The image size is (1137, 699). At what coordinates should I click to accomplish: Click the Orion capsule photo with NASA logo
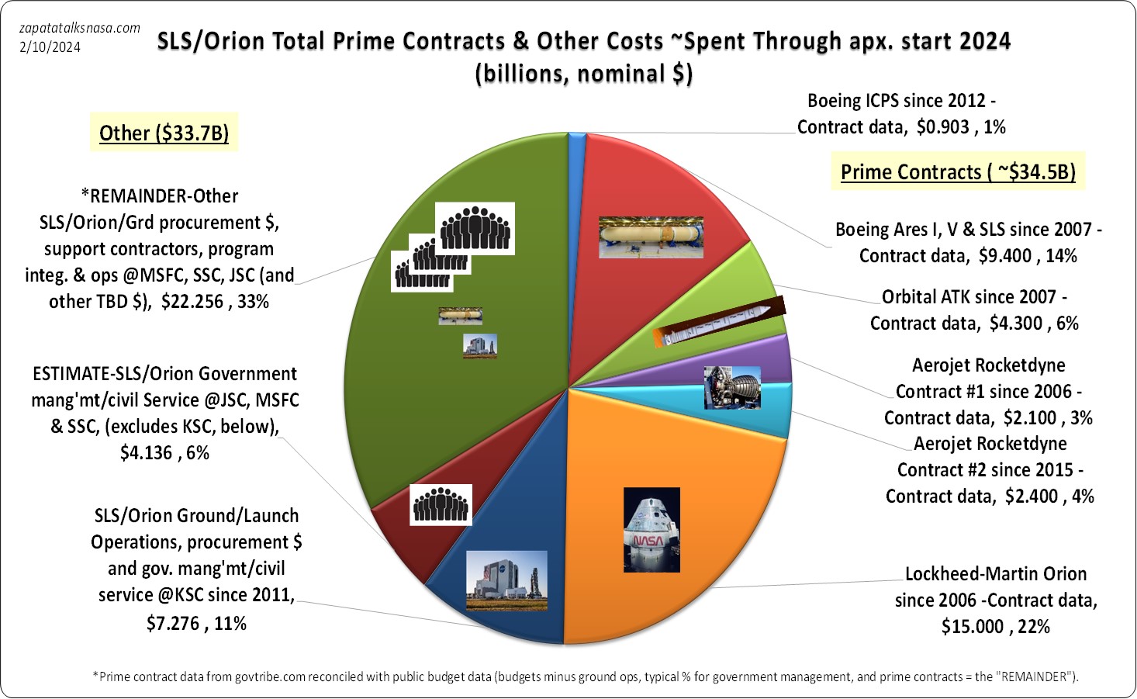[651, 530]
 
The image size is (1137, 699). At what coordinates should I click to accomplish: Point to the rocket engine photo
[731, 386]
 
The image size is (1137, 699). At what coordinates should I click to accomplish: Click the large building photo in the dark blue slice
[506, 580]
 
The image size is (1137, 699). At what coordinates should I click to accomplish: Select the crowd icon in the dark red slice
[441, 504]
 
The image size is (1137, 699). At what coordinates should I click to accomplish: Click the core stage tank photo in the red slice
[651, 237]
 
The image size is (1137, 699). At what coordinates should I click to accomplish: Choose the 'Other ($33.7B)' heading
[164, 133]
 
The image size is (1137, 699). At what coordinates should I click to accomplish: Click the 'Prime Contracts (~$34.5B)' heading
[958, 172]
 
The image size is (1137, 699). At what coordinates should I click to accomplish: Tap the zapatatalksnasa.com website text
[80, 28]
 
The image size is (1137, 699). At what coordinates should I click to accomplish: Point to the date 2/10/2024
[50, 47]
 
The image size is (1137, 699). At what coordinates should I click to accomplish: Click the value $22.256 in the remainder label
[192, 302]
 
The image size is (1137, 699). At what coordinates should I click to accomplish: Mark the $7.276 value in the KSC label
[172, 623]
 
